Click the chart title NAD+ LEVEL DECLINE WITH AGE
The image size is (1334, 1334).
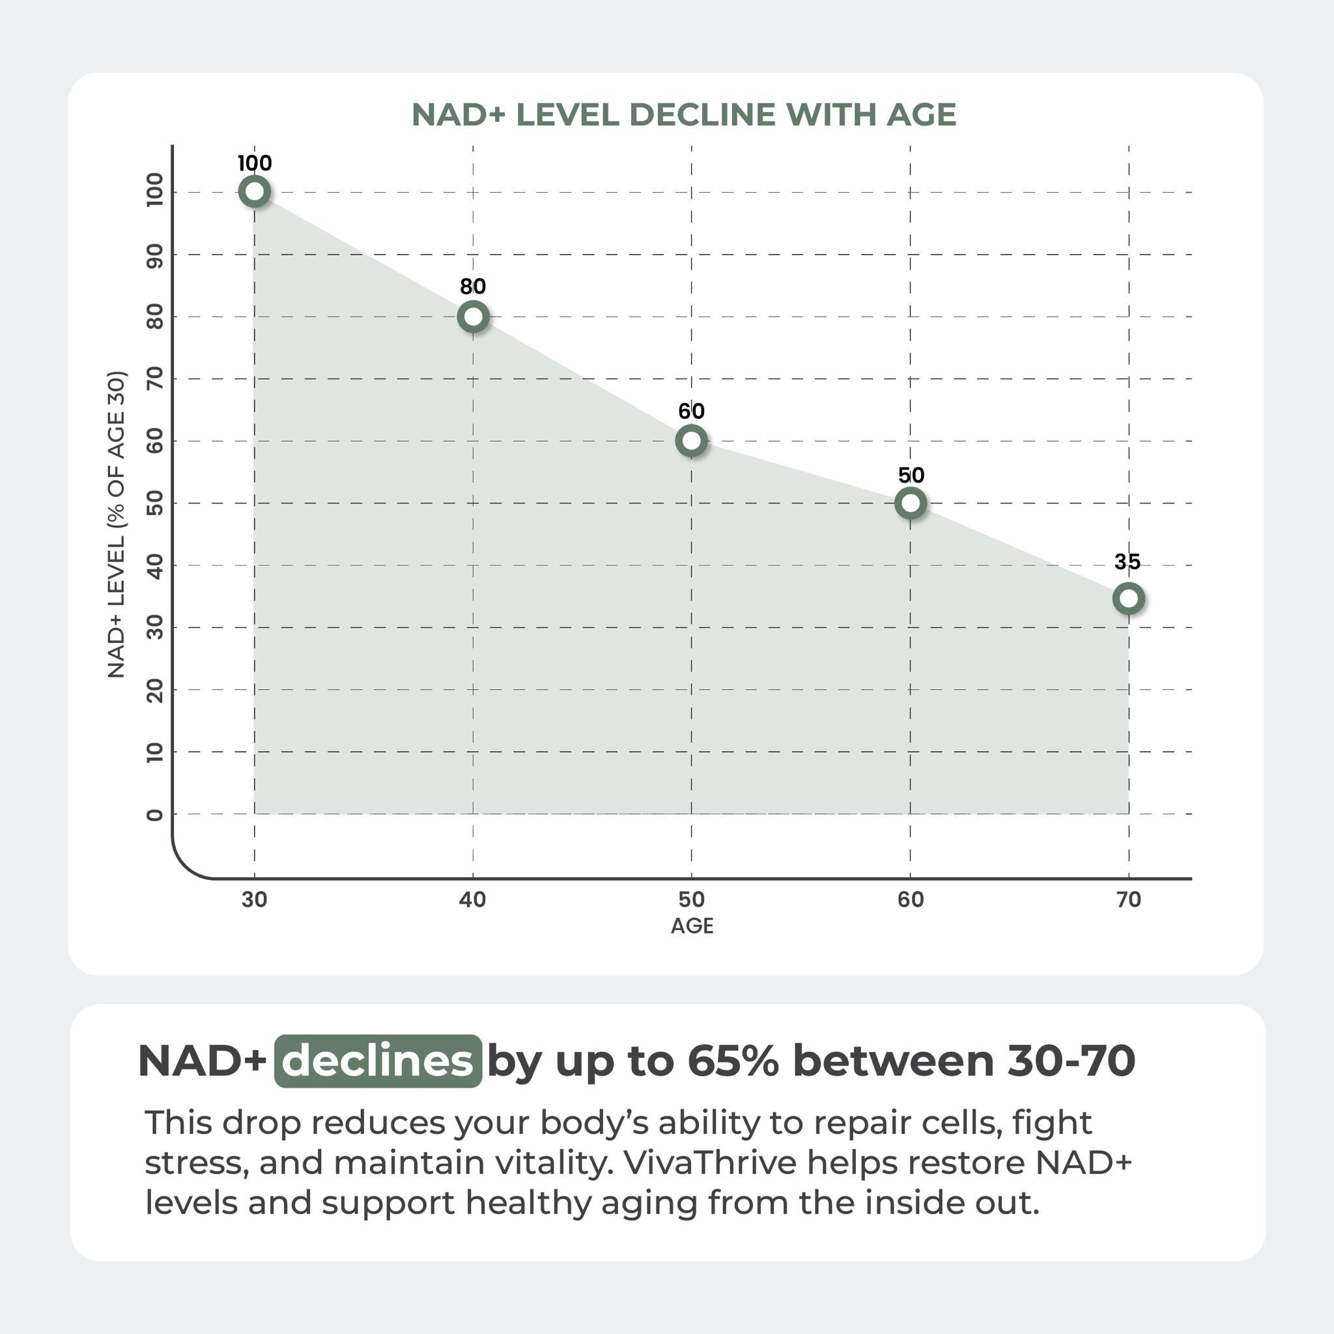[683, 115]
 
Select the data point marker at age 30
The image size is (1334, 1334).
[254, 192]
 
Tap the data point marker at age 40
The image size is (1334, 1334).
[473, 316]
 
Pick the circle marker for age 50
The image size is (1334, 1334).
[691, 440]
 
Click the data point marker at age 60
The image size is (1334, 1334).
[910, 503]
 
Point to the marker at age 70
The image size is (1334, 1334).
[1128, 598]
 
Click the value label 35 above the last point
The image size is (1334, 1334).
[1127, 561]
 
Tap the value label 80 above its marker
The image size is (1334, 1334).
[473, 286]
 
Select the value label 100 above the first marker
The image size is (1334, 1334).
[254, 163]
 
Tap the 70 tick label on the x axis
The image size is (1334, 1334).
[1128, 900]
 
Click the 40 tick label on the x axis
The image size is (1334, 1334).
[473, 900]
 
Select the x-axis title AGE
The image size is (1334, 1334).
[692, 926]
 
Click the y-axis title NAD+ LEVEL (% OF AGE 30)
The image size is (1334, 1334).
[116, 525]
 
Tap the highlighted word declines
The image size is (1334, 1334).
[378, 1061]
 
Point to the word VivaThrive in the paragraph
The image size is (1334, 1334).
[711, 1162]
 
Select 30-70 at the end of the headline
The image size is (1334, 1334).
[1071, 1060]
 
